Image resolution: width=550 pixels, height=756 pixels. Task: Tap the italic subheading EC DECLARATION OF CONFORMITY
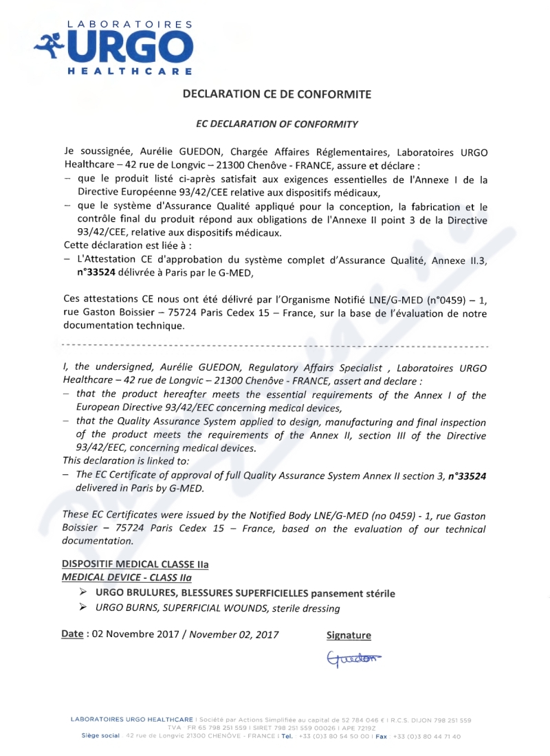point(277,124)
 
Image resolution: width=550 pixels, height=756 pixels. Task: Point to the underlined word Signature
point(349,636)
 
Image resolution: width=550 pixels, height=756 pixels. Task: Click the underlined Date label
point(72,634)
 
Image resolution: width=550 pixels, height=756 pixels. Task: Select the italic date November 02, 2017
point(234,634)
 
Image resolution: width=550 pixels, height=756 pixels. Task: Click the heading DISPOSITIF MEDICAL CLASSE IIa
point(135,564)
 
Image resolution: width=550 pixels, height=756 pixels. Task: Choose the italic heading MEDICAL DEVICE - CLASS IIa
point(126,577)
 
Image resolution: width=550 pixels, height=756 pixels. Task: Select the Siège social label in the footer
point(100,736)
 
